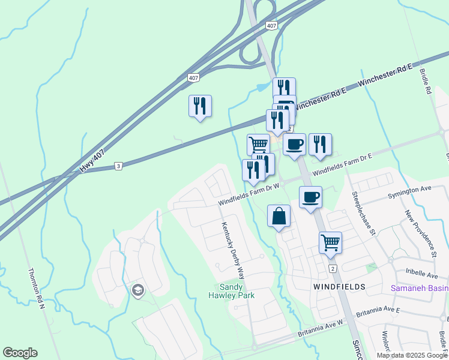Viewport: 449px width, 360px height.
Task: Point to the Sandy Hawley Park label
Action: (x=232, y=292)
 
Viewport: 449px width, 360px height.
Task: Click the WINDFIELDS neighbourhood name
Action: (x=339, y=287)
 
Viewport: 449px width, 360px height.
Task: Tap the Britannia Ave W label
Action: (x=320, y=326)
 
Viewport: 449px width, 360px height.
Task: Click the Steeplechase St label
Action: (x=364, y=213)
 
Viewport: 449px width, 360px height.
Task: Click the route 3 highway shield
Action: (x=119, y=166)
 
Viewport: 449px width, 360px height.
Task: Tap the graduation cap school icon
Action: (x=137, y=291)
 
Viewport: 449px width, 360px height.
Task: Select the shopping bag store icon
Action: (x=279, y=217)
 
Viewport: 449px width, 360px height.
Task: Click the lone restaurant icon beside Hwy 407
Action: (x=200, y=106)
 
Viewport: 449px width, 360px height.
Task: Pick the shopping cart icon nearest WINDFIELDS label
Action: (x=330, y=243)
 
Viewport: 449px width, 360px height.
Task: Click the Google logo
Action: (x=20, y=353)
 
